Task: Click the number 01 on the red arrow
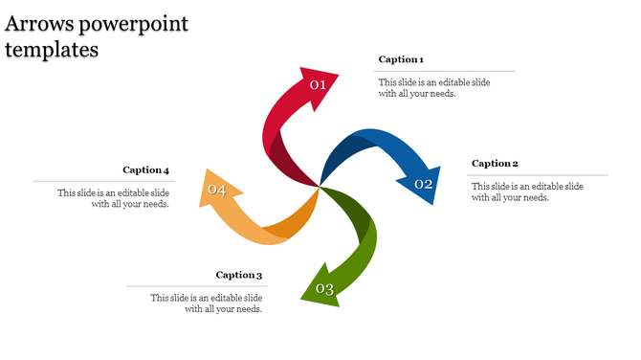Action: (x=318, y=85)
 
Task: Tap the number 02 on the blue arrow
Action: (x=424, y=184)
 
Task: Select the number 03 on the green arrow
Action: (x=324, y=289)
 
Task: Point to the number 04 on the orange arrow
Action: (x=217, y=191)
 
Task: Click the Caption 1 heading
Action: (x=401, y=59)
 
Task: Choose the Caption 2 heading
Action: (x=495, y=164)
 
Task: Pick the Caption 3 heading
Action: (x=239, y=276)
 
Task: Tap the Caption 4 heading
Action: (x=146, y=170)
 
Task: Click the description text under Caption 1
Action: (x=433, y=88)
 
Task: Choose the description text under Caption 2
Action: (x=527, y=191)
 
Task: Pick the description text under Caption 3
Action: (x=207, y=304)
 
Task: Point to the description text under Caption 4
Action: (x=114, y=198)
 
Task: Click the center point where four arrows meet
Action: (x=320, y=187)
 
